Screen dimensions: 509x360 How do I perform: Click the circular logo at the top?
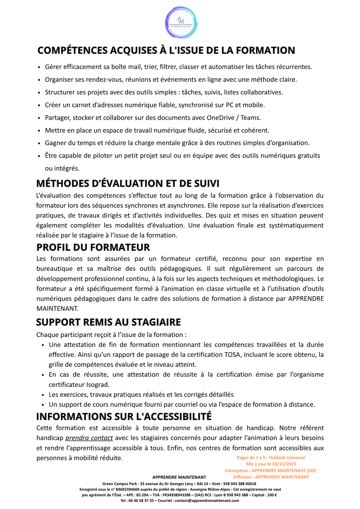pyautogui.click(x=181, y=23)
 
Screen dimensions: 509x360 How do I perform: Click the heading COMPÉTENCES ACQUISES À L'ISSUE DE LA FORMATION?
pyautogui.click(x=166, y=50)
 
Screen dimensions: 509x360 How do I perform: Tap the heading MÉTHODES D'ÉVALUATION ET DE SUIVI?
pyautogui.click(x=128, y=183)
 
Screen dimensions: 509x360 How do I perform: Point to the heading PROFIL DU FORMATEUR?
pyautogui.click(x=93, y=247)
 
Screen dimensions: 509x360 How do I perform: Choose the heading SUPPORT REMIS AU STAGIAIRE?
pyautogui.click(x=109, y=322)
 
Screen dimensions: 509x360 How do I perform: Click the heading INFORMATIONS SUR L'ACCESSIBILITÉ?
pyautogui.click(x=124, y=416)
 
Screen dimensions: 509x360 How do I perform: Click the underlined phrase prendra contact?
pyautogui.click(x=89, y=438)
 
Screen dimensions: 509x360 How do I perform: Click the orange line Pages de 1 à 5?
pyautogui.click(x=271, y=457)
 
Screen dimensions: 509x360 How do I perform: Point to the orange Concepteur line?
pyautogui.click(x=270, y=470)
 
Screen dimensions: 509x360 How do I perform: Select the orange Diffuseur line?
pyautogui.click(x=271, y=477)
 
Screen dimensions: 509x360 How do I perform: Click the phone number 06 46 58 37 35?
pyautogui.click(x=141, y=501)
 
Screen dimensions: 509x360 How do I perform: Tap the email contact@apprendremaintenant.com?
pyautogui.click(x=207, y=501)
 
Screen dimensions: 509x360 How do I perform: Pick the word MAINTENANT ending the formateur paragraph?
pyautogui.click(x=57, y=308)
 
